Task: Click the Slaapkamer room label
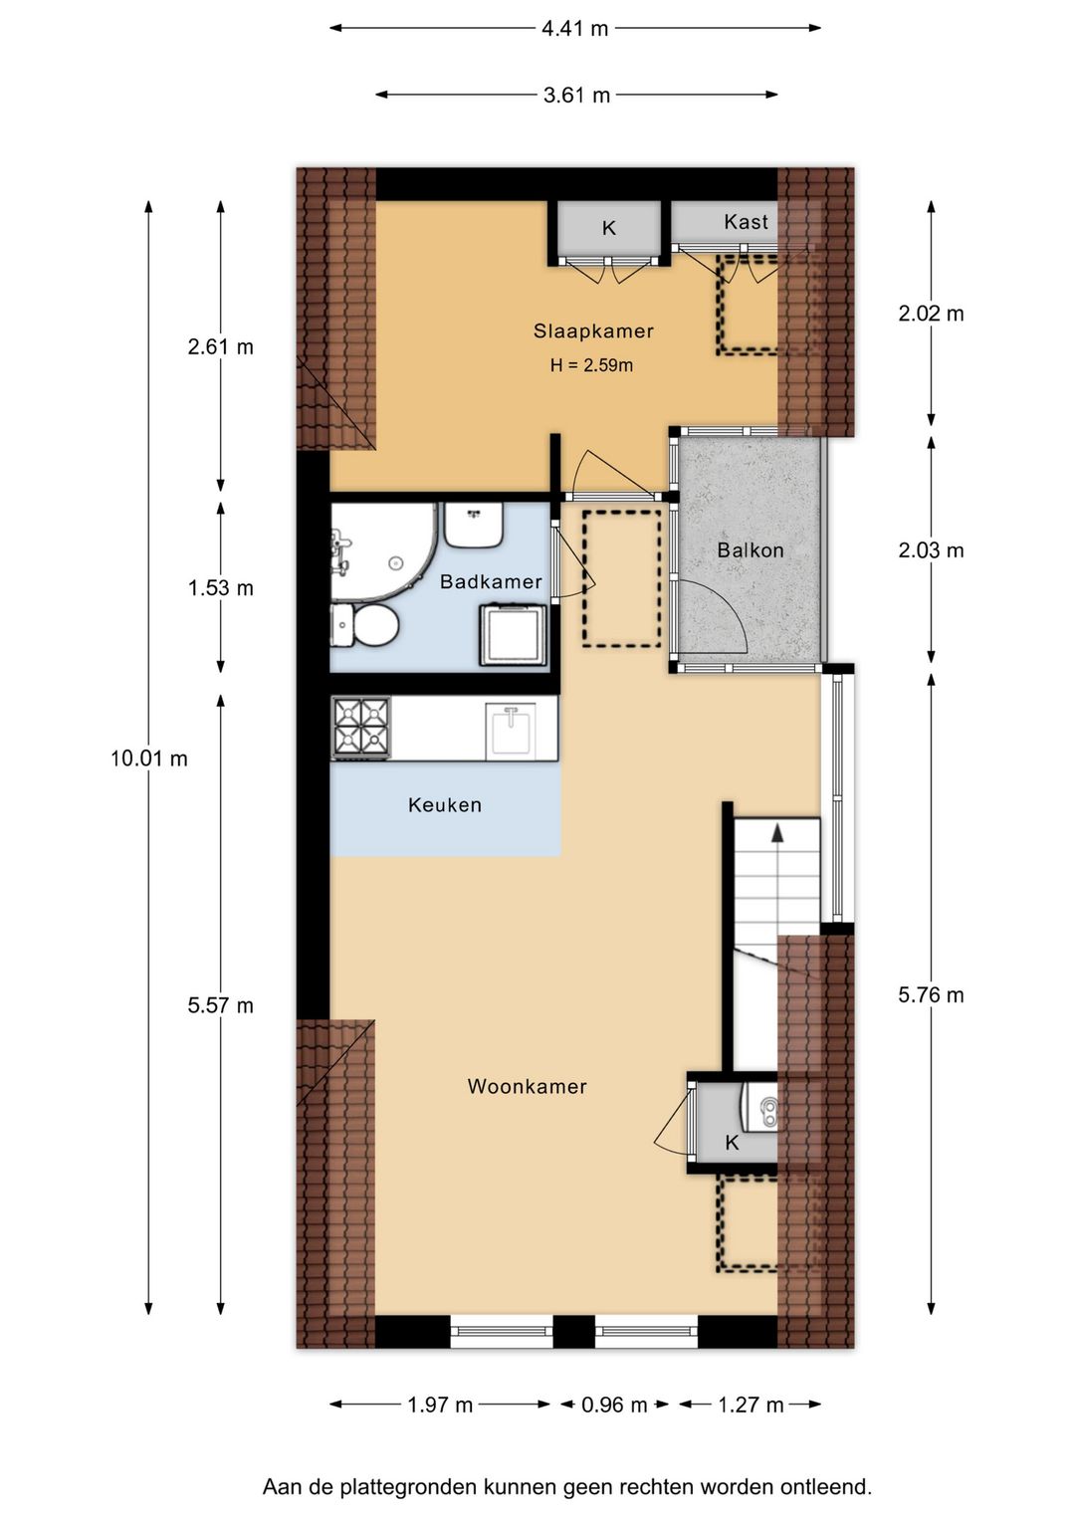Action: [x=593, y=330]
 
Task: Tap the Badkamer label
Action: [x=491, y=581]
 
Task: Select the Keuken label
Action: [x=445, y=805]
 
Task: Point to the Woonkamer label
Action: [x=527, y=1086]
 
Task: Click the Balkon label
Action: [x=751, y=549]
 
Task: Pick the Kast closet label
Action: [x=746, y=222]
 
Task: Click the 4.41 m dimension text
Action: [x=574, y=29]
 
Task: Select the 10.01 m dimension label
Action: [x=149, y=759]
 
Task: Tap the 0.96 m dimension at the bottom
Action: [x=614, y=1405]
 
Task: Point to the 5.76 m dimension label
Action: [x=931, y=994]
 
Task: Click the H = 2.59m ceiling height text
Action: [x=591, y=365]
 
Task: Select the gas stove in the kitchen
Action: [x=360, y=728]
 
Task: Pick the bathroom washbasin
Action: [x=473, y=525]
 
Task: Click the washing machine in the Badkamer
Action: [x=514, y=635]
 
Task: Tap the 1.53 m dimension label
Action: [x=220, y=588]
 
